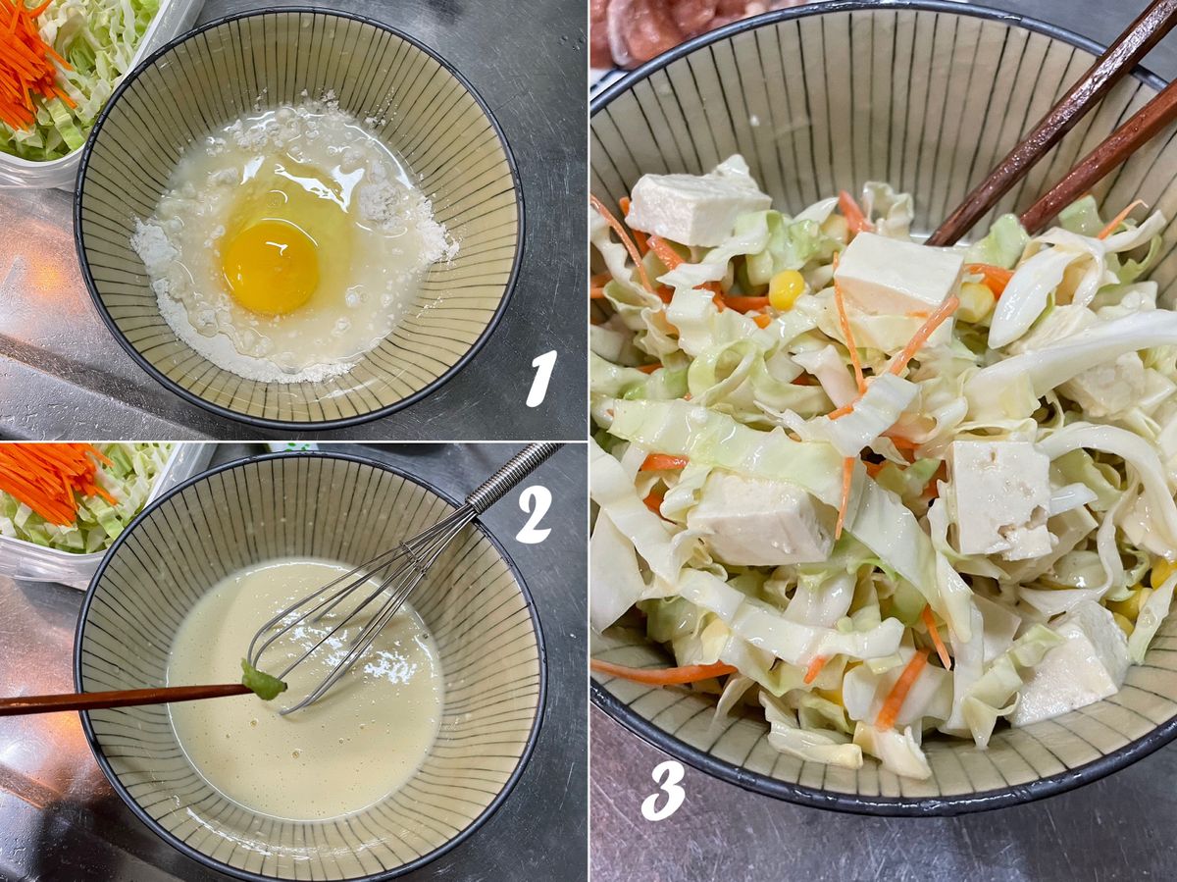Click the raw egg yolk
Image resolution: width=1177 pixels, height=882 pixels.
(x=271, y=267)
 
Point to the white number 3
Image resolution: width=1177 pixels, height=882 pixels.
(x=663, y=793)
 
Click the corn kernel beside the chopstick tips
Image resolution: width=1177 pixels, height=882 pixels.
(x=787, y=289)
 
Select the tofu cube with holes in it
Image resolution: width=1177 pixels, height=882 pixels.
(x=998, y=498)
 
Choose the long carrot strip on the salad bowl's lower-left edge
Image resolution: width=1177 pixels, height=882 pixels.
(x=662, y=673)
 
